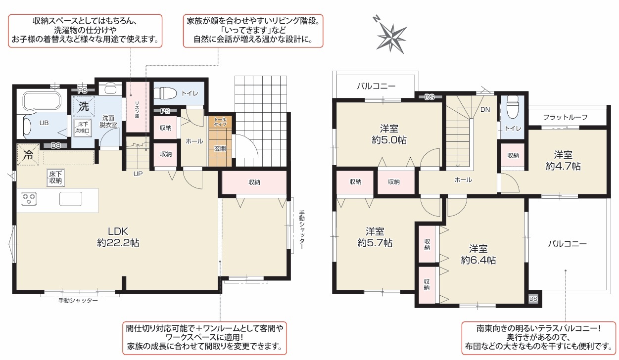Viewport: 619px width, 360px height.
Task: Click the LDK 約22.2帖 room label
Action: coord(118,237)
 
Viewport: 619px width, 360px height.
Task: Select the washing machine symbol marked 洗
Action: coord(84,106)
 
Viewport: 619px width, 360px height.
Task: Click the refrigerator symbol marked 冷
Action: coord(28,155)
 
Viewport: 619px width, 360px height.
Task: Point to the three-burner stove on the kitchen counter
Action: coord(29,199)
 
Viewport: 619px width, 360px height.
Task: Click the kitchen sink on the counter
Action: coord(71,199)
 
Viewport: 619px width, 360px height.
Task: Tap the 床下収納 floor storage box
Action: coord(55,178)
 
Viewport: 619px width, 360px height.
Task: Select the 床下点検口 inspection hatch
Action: coord(82,128)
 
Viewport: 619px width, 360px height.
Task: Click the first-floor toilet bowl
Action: coord(165,93)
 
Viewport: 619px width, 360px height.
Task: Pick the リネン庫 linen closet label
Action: coord(137,110)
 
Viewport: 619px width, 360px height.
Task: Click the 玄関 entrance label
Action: coord(220,148)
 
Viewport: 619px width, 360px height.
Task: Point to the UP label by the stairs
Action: coord(138,174)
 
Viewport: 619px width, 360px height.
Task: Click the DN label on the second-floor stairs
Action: coord(485,110)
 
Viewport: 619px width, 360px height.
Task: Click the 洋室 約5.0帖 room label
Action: coord(389,135)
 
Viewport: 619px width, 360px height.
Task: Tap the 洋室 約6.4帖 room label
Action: coord(478,255)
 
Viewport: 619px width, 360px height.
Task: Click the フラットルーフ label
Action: coord(566,117)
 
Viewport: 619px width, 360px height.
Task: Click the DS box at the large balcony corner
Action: coord(533,299)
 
